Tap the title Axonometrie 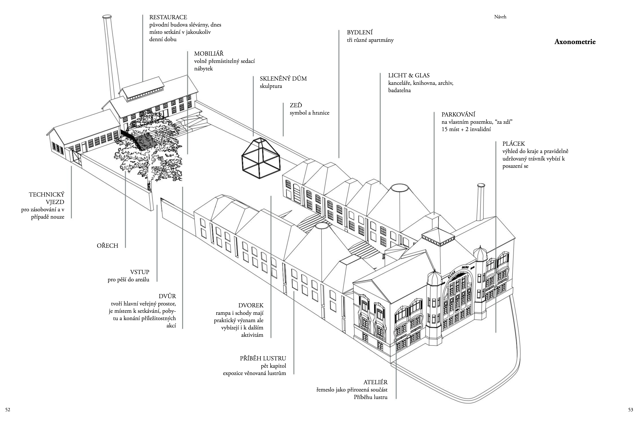[575, 42]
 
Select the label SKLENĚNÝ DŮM [283, 79]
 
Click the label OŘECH [107, 246]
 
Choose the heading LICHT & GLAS [409, 75]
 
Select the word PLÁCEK [513, 144]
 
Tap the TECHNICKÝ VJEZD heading [47, 198]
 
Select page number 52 [8, 410]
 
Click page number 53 [630, 410]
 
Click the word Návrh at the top [500, 17]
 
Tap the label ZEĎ [296, 105]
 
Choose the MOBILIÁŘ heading [209, 54]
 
